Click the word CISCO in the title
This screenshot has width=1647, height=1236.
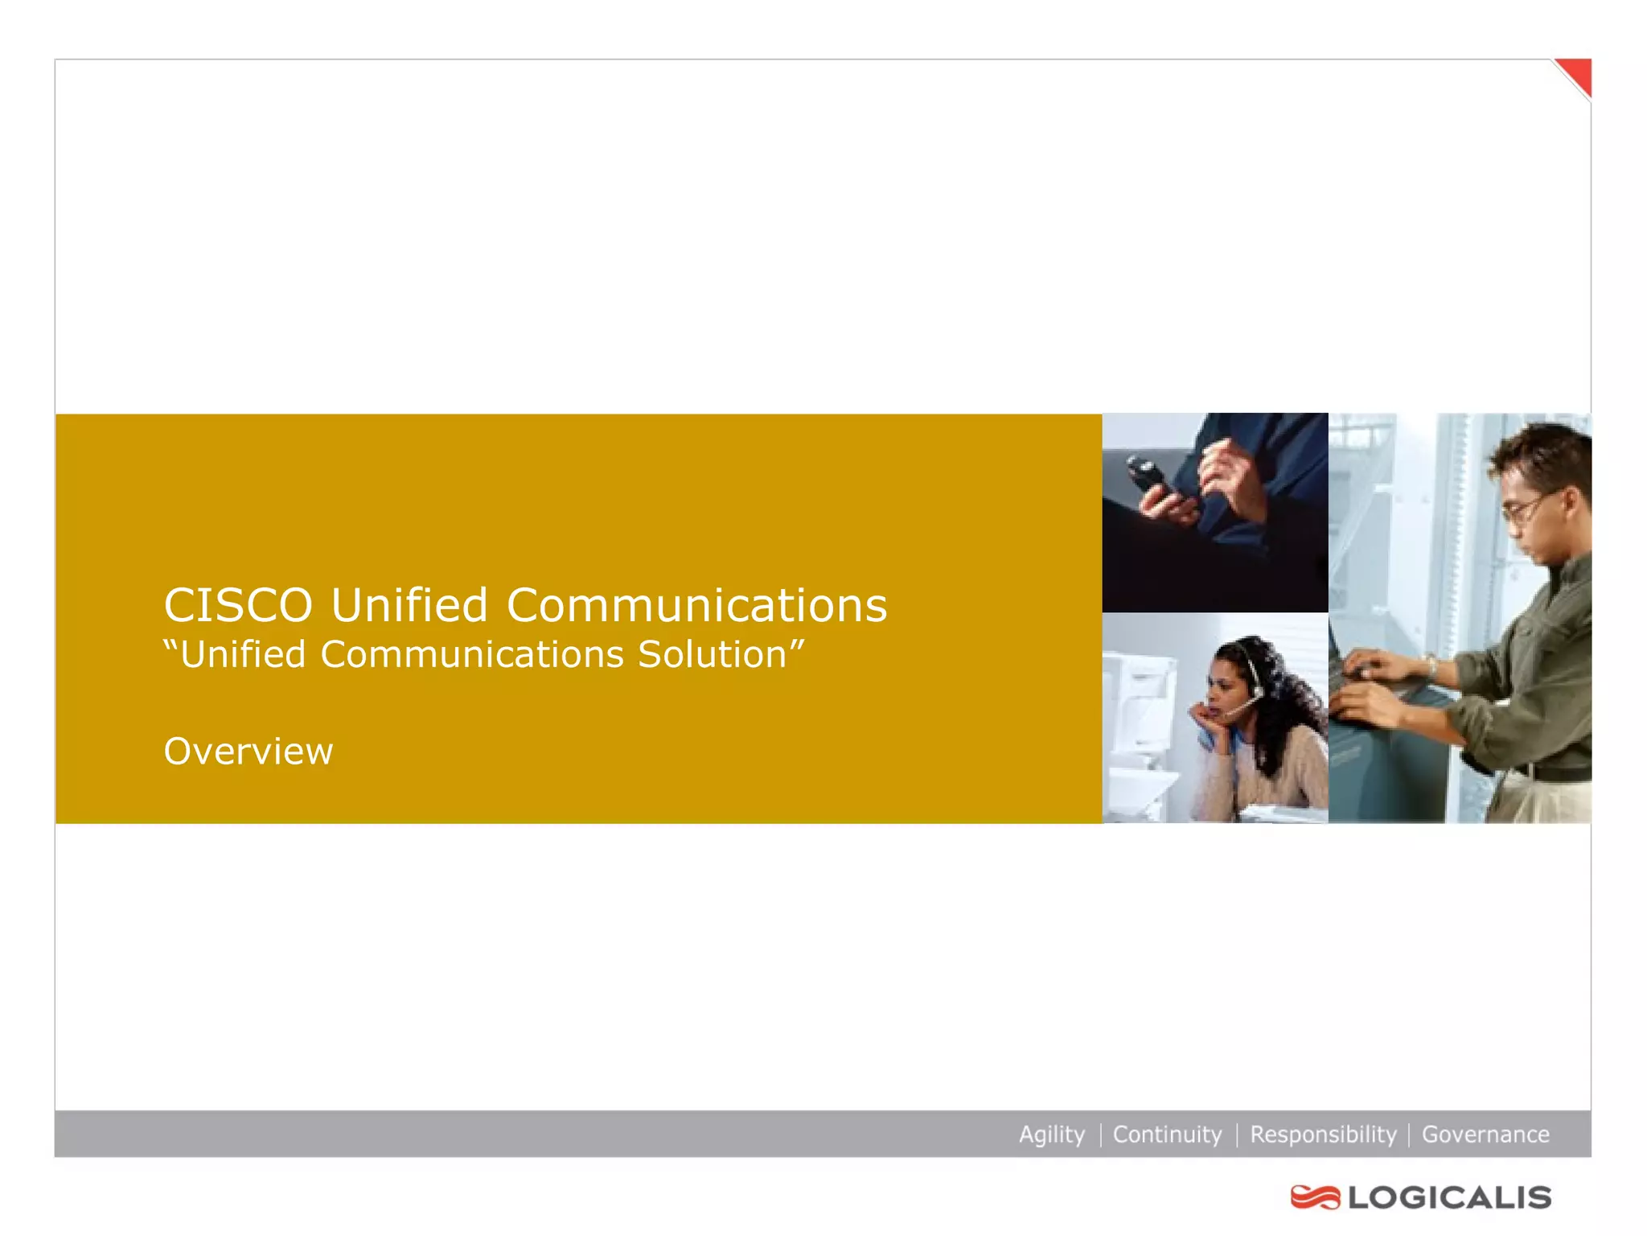(x=237, y=605)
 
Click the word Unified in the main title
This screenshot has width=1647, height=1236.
(x=409, y=605)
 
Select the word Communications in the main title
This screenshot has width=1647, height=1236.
(x=696, y=605)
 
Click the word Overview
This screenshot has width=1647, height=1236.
(x=248, y=752)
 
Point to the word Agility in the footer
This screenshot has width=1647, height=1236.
(x=1051, y=1134)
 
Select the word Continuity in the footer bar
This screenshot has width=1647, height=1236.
(x=1167, y=1134)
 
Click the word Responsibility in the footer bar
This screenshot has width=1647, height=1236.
(x=1323, y=1134)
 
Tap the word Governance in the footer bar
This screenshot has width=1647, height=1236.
(x=1485, y=1134)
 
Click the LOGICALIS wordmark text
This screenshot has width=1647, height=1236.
(x=1450, y=1197)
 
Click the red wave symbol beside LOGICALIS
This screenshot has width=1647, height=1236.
(x=1315, y=1197)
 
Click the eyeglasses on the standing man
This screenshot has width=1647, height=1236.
(x=1524, y=509)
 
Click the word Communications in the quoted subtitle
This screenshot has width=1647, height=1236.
(x=472, y=654)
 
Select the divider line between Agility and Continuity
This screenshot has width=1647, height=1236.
(x=1100, y=1134)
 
